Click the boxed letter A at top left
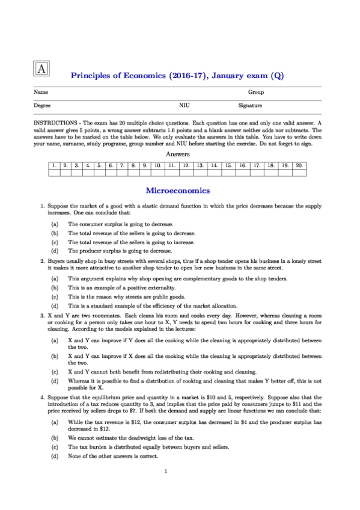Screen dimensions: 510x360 pos(41,68)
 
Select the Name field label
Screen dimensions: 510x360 pos(41,93)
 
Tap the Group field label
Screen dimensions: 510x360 pos(256,93)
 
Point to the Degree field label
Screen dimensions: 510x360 pos(42,106)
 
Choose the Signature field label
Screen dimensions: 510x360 pos(250,106)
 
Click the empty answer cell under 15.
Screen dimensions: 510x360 pos(229,172)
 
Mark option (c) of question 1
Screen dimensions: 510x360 pos(55,242)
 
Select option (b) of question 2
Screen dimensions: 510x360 pos(55,288)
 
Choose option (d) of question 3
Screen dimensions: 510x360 pos(55,381)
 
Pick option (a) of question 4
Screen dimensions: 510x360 pos(55,422)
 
